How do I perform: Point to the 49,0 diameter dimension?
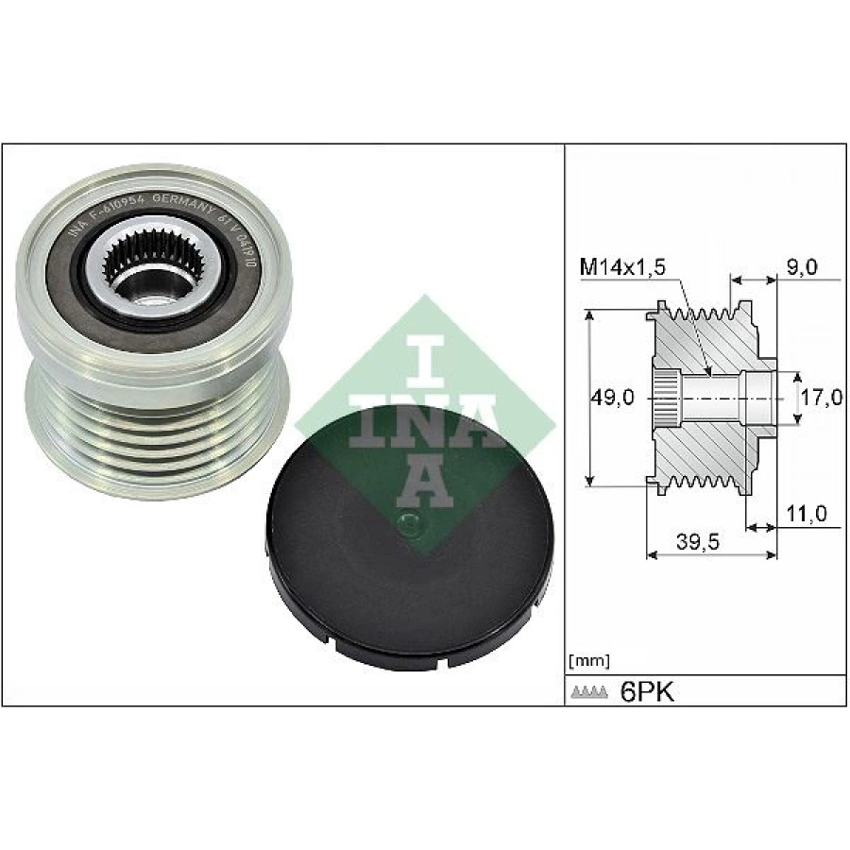point(611,398)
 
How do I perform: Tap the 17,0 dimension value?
point(820,398)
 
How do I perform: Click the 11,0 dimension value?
point(806,514)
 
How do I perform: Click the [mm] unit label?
point(590,660)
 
